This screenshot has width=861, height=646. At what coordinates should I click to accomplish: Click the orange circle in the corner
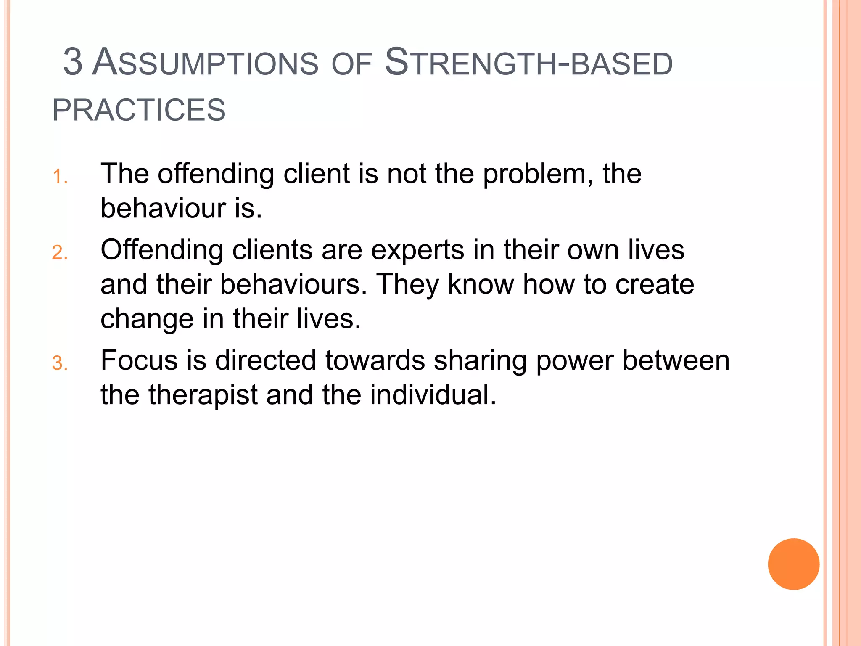point(793,564)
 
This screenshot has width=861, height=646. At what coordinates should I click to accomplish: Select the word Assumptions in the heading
point(205,63)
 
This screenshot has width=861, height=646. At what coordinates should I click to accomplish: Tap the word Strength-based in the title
point(529,63)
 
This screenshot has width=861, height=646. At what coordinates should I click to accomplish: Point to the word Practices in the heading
point(139,110)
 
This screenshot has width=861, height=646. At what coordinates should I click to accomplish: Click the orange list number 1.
point(60,177)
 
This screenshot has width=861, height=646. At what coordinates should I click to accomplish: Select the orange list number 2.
point(60,253)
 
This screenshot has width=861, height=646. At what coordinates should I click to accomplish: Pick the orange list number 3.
point(60,363)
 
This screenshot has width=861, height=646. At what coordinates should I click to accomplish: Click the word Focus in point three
point(139,360)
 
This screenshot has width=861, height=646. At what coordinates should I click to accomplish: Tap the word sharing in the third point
point(480,360)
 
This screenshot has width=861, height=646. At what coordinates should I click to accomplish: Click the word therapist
point(203,395)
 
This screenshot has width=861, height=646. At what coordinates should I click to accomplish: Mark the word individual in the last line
point(433,395)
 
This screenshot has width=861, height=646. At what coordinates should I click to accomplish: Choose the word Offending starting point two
point(162,250)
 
